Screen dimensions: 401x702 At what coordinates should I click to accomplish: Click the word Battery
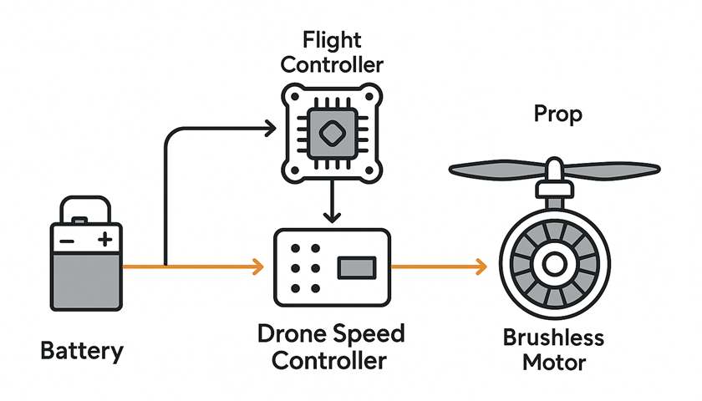pos(81,351)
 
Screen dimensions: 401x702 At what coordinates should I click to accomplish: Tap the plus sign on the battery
pos(104,241)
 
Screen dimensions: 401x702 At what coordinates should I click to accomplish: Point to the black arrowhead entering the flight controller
pos(269,128)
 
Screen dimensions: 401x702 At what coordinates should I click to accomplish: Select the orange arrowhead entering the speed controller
pos(257,267)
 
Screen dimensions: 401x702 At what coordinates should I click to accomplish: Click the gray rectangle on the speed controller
pos(356,267)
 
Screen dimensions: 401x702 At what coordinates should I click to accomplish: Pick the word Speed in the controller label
pos(366,335)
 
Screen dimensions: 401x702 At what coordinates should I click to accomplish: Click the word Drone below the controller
pos(291,335)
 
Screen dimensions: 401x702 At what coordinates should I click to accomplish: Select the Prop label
pos(557,114)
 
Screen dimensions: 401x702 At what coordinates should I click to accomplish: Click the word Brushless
pos(553,338)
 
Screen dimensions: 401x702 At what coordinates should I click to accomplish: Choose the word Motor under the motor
pos(553,363)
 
